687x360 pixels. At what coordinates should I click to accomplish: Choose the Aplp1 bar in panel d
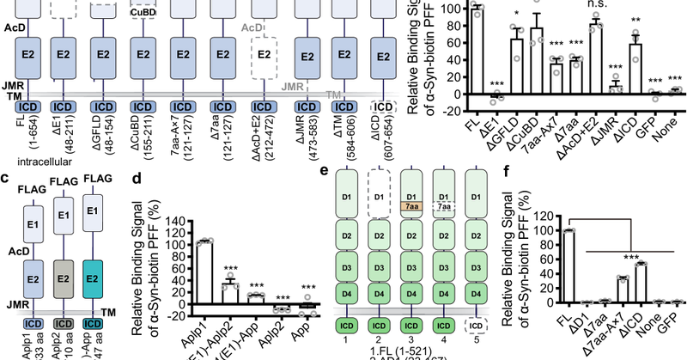tap(204, 273)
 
